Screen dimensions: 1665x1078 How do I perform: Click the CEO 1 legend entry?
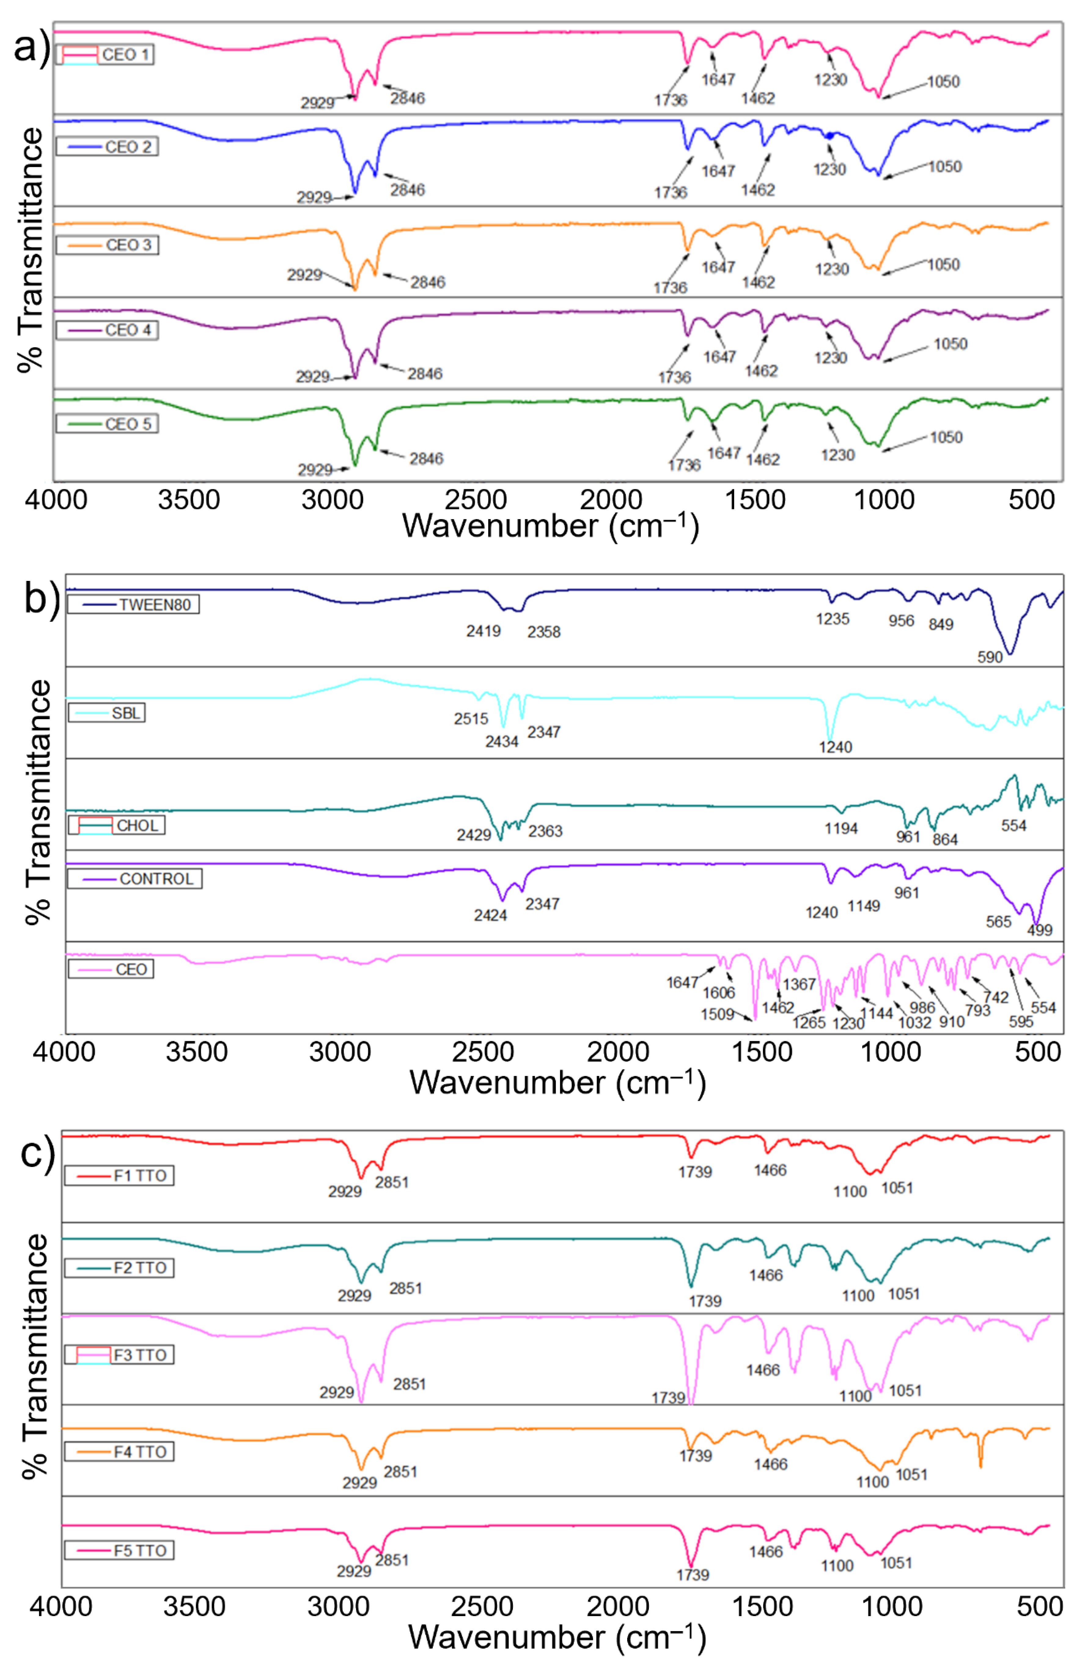(x=105, y=55)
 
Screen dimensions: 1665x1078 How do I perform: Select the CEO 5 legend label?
(x=107, y=424)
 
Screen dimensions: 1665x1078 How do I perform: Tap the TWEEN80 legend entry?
(x=133, y=604)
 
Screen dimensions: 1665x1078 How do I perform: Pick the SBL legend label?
(x=107, y=713)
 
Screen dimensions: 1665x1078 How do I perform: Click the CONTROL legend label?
(x=134, y=879)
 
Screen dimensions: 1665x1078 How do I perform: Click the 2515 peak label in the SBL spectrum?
(x=471, y=718)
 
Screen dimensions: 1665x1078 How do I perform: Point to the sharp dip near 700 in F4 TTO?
(x=980, y=1465)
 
